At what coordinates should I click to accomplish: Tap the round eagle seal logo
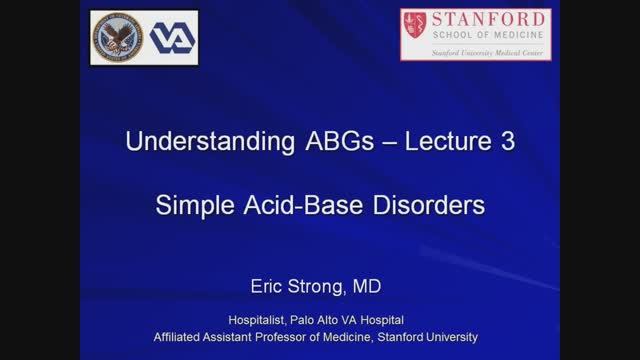pyautogui.click(x=117, y=37)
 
